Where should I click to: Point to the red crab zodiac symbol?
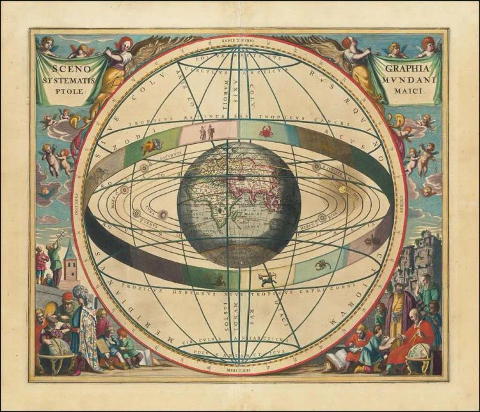pyautogui.click(x=266, y=132)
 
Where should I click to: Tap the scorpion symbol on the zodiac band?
pyautogui.click(x=322, y=264)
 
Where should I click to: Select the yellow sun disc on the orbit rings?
pyautogui.click(x=342, y=189)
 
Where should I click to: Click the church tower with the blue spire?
pyautogui.click(x=70, y=259)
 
